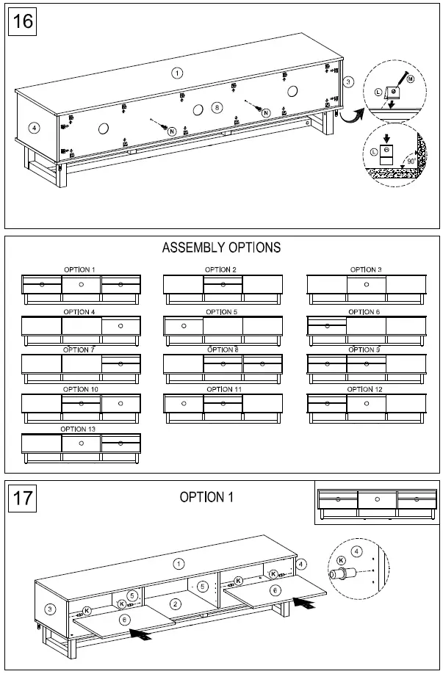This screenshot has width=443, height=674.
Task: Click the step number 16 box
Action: pos(23,21)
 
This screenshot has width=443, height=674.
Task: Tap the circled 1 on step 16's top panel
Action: pos(176,72)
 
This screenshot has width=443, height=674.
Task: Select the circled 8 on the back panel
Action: pos(216,107)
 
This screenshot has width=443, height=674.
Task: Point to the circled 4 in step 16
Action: pos(33,127)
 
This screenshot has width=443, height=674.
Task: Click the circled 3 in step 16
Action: pos(349,81)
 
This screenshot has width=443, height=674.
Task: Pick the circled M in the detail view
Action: pos(410,79)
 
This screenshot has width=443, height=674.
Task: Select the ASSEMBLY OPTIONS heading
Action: pos(221,247)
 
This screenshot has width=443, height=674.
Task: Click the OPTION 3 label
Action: pos(365,269)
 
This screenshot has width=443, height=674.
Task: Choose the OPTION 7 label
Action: pos(79,349)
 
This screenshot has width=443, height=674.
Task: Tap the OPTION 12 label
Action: pos(365,389)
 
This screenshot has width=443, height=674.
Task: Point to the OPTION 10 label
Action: pos(80,389)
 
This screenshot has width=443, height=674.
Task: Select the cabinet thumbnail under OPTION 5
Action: pos(222,328)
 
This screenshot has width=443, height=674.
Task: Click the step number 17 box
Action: pos(23,499)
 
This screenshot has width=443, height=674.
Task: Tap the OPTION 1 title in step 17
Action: pos(206,498)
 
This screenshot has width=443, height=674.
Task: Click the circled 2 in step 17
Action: pos(175,604)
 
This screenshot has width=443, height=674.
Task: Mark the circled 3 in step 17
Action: pos(50,609)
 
